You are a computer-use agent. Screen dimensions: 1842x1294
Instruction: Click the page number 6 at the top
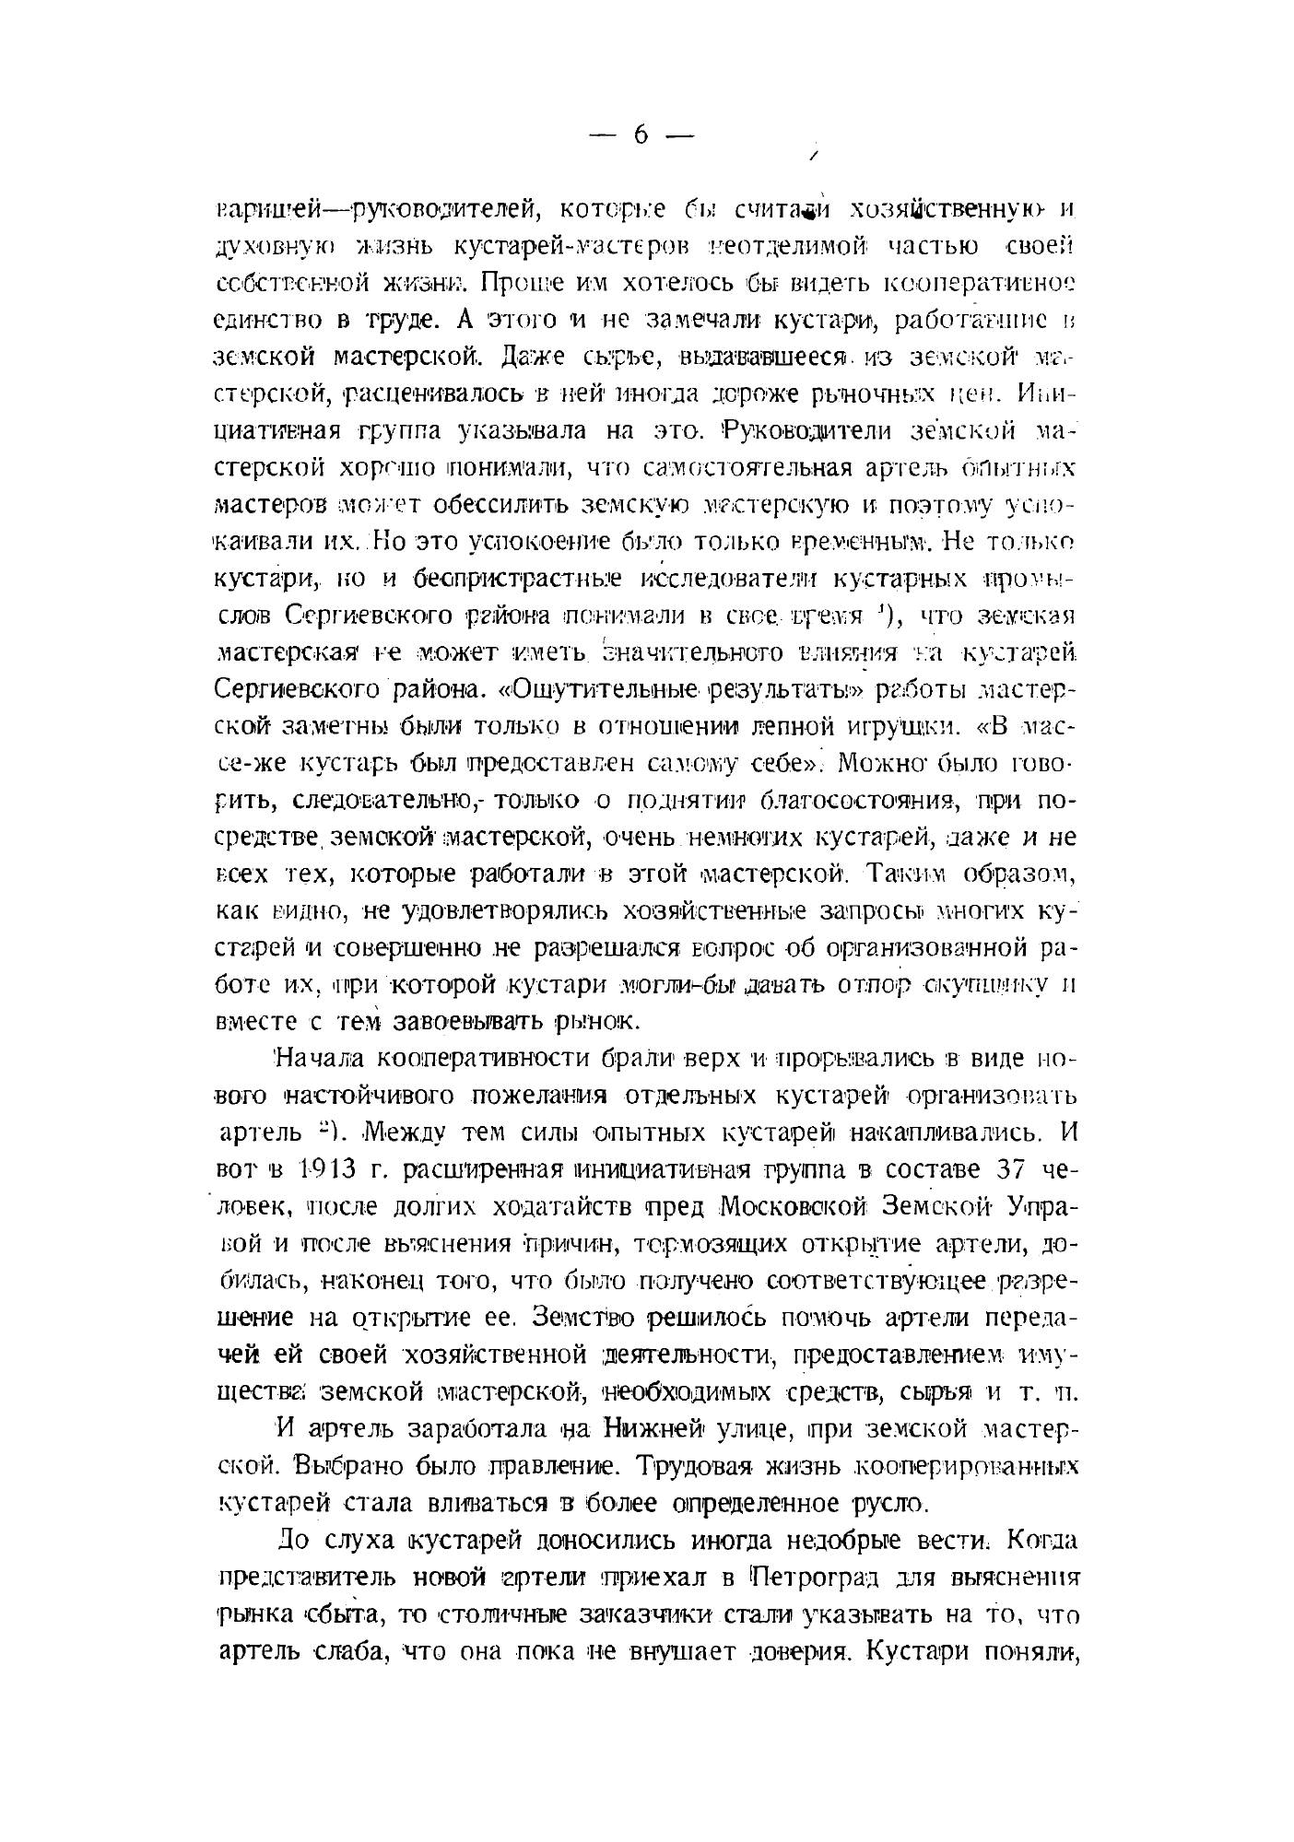pos(641,135)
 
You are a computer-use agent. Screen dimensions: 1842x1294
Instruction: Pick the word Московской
pos(794,1206)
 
